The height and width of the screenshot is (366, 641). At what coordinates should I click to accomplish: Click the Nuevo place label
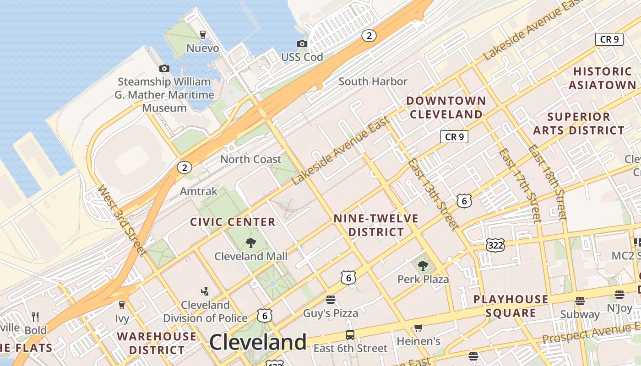pyautogui.click(x=202, y=48)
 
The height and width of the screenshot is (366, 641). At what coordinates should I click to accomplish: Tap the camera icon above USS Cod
pyautogui.click(x=302, y=44)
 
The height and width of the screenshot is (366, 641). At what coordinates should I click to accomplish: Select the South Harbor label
pyautogui.click(x=373, y=81)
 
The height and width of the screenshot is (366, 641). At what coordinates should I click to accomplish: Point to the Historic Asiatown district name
pyautogui.click(x=602, y=78)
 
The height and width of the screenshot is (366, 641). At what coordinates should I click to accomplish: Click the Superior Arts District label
pyautogui.click(x=578, y=124)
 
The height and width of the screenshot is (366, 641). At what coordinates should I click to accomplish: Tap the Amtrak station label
pyautogui.click(x=199, y=191)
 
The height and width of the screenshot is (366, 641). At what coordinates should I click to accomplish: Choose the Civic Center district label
pyautogui.click(x=233, y=222)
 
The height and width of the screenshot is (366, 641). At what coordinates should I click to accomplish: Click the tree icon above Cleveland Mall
pyautogui.click(x=250, y=243)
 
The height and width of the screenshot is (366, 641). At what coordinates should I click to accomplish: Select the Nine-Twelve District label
pyautogui.click(x=376, y=225)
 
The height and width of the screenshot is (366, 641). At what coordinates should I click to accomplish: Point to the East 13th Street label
pyautogui.click(x=433, y=194)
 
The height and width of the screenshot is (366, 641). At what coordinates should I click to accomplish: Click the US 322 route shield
pyautogui.click(x=495, y=245)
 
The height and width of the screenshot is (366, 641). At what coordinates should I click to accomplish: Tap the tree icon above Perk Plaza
pyautogui.click(x=423, y=266)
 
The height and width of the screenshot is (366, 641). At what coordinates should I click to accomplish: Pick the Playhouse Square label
pyautogui.click(x=511, y=306)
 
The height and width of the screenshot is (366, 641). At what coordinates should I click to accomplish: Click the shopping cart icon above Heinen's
pyautogui.click(x=418, y=328)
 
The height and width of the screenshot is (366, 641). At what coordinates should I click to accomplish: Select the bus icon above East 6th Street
pyautogui.click(x=350, y=334)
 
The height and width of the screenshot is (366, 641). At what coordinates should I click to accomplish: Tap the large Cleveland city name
pyautogui.click(x=258, y=342)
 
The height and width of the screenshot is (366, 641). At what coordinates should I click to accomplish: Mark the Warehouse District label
pyautogui.click(x=157, y=343)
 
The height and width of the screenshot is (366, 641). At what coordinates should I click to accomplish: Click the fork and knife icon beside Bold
pyautogui.click(x=35, y=317)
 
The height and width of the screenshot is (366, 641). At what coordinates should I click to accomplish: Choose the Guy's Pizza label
pyautogui.click(x=331, y=313)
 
